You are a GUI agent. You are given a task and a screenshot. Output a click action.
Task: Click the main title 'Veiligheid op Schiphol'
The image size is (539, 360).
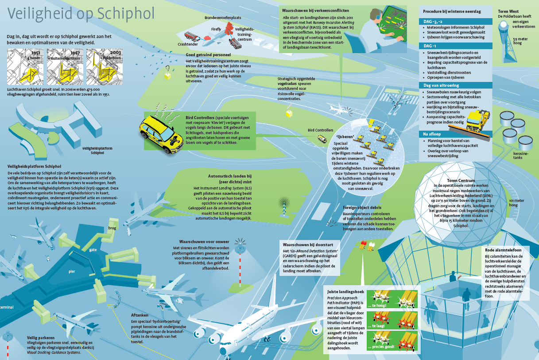click(x=81, y=13)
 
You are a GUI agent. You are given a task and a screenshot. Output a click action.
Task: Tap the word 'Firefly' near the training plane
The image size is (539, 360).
click(x=216, y=29)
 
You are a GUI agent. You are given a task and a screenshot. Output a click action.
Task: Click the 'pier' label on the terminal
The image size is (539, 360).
click(x=72, y=271)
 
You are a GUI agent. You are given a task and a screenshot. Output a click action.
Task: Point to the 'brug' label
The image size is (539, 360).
click(x=112, y=228)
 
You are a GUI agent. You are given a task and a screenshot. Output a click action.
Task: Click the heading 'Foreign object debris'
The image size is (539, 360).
click(x=363, y=207)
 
